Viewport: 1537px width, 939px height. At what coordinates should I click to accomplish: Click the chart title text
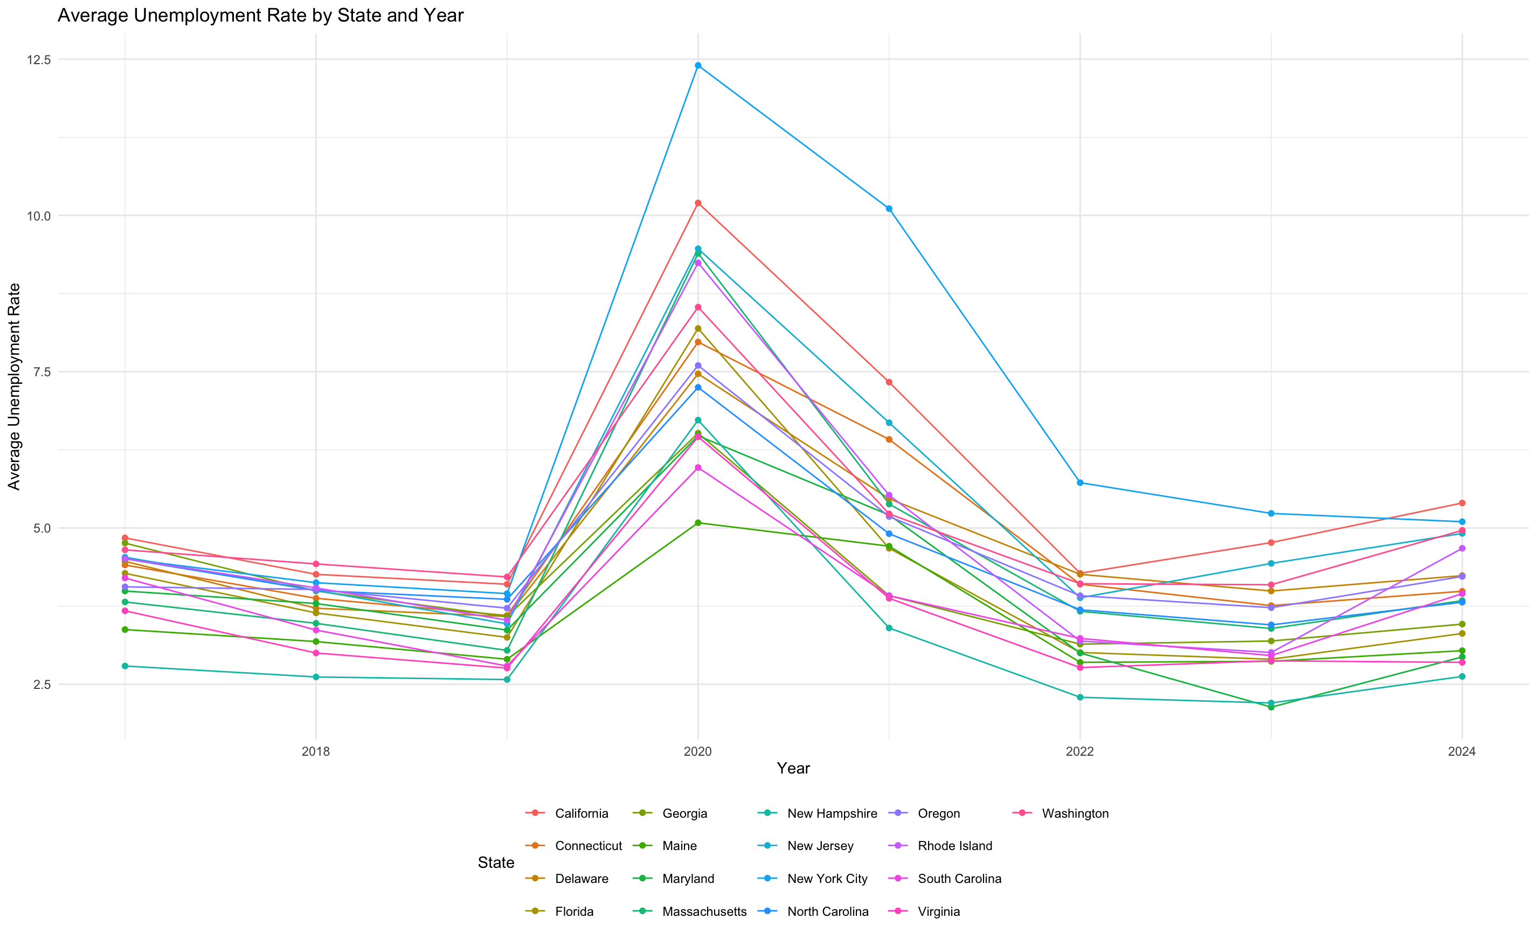coord(260,16)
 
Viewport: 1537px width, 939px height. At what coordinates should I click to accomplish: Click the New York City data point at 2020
coord(698,66)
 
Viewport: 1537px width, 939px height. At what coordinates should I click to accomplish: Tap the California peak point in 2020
coord(698,203)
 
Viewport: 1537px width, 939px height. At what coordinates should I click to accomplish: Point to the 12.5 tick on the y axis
coord(38,60)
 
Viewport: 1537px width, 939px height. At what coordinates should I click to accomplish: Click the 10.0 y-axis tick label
coord(38,216)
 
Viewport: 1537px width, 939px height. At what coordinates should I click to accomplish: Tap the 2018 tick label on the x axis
coord(316,751)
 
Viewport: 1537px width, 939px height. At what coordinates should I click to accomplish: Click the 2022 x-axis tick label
coord(1080,751)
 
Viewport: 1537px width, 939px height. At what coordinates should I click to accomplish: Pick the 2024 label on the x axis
coord(1462,751)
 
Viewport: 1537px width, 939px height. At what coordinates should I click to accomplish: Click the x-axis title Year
coord(793,769)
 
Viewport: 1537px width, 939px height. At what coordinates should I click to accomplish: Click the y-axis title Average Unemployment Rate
coord(13,387)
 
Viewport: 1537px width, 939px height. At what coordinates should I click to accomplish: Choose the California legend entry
coord(581,813)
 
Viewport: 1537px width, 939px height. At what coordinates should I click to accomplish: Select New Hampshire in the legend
coord(832,813)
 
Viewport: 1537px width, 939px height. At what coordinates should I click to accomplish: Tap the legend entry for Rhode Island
coord(954,846)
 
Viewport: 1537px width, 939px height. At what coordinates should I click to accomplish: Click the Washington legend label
coord(1075,813)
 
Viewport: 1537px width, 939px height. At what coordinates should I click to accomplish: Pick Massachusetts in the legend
coord(704,912)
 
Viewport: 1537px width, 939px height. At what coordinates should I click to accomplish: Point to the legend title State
coord(496,863)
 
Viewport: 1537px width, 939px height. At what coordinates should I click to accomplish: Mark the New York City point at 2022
coord(1080,483)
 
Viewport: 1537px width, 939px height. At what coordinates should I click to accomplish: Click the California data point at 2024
coord(1462,503)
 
